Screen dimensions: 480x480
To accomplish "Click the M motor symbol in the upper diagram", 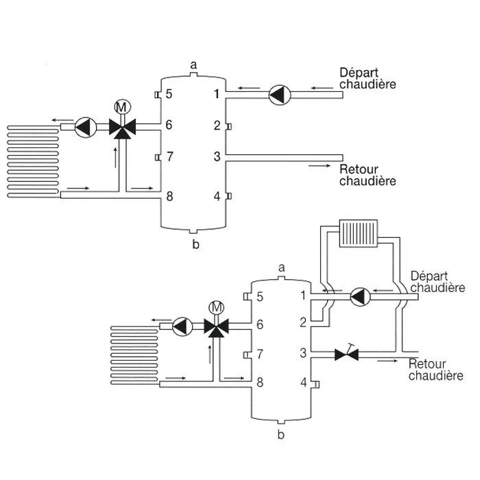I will click(121, 106).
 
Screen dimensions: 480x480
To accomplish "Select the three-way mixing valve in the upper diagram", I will click(121, 127).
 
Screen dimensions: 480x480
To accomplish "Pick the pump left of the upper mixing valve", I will click(84, 127).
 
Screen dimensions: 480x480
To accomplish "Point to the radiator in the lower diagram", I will click(358, 232).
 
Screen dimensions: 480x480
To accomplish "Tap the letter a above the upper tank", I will click(194, 64).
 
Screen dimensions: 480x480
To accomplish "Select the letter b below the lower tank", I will click(280, 434).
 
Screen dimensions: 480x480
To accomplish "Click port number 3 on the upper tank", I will click(217, 157).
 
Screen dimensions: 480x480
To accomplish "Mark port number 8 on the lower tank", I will click(259, 382).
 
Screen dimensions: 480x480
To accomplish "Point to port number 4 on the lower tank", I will click(303, 382).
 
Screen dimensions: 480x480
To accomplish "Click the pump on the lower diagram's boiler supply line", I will click(360, 296).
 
